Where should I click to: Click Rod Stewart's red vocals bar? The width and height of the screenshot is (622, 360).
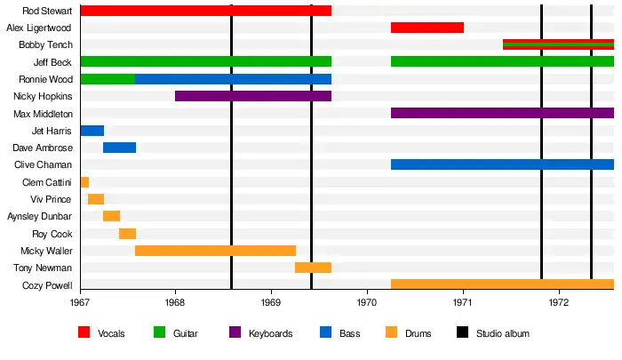[205, 11]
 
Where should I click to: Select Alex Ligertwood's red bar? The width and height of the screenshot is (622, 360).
[427, 28]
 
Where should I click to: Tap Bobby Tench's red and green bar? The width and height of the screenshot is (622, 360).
[558, 44]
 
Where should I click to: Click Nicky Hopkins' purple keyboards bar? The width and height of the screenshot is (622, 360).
[253, 96]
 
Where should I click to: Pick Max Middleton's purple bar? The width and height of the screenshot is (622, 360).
[502, 113]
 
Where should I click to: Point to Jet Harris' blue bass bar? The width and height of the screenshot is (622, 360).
[92, 131]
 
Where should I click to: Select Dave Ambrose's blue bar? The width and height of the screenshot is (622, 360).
[119, 148]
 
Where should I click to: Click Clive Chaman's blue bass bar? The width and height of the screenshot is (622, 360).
[502, 164]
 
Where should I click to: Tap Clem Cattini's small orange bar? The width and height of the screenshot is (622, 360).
[84, 182]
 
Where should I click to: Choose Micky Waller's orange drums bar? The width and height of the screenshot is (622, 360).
[215, 251]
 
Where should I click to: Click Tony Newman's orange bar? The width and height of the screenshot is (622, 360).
[313, 268]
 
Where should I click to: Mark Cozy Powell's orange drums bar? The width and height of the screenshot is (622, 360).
[502, 284]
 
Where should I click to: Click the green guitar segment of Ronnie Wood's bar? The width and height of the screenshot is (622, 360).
[108, 79]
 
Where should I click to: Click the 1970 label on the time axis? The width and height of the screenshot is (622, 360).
[367, 303]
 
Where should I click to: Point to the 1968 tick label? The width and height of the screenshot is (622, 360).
[176, 303]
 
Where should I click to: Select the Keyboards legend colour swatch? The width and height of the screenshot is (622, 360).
[235, 333]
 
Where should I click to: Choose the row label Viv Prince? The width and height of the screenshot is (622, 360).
[51, 199]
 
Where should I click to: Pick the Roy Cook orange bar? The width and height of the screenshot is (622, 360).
[127, 234]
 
